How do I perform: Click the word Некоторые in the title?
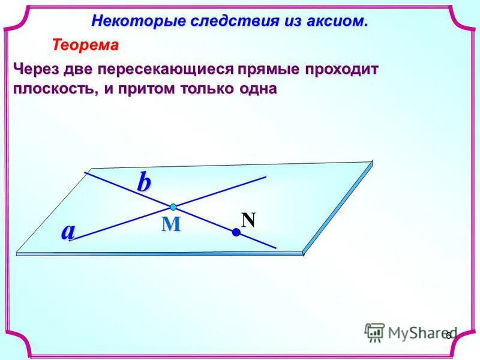click(125, 21)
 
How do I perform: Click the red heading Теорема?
click(85, 45)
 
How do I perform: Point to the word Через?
click(36, 69)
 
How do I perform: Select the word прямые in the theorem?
click(267, 69)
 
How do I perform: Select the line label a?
click(68, 231)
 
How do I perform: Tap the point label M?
click(171, 224)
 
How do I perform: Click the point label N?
click(248, 220)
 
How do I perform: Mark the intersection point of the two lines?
click(173, 207)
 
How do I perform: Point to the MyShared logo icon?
click(374, 332)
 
